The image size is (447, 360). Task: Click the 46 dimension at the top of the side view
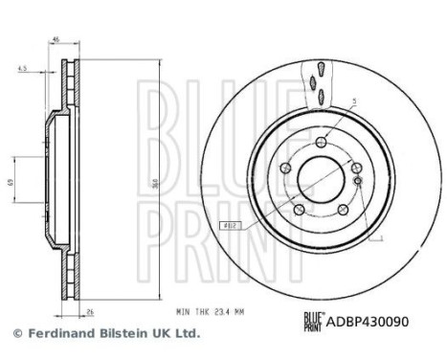coord(56,38)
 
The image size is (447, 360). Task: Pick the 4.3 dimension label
coord(21,69)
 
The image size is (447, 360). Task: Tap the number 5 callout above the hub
coord(353,101)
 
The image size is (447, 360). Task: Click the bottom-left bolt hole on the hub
coord(298,210)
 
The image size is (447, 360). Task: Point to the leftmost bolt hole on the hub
coord(283,167)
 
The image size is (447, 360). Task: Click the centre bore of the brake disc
coord(321,178)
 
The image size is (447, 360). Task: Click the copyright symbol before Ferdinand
coord(15,334)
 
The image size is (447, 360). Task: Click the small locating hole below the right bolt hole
coord(357,180)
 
